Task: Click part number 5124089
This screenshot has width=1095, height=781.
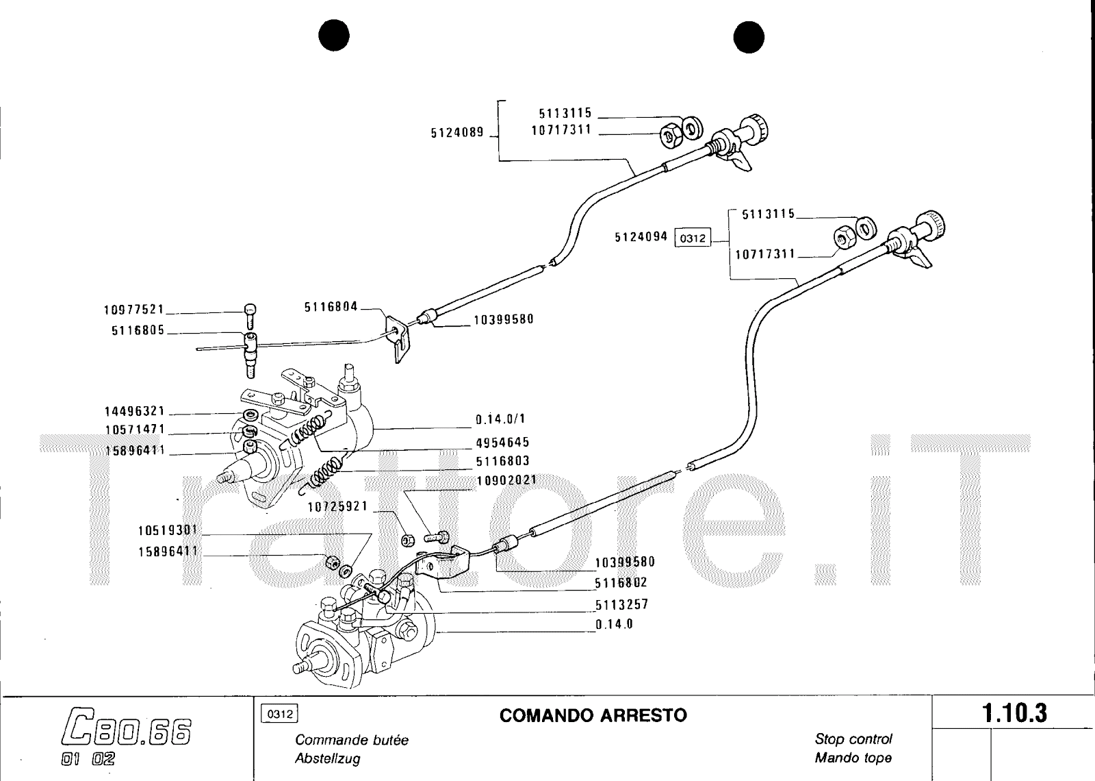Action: (x=456, y=133)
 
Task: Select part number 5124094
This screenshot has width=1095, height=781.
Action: (x=641, y=237)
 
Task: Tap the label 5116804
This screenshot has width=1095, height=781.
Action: (x=331, y=308)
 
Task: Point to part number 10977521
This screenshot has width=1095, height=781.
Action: (x=134, y=310)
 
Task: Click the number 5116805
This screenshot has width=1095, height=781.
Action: (x=138, y=331)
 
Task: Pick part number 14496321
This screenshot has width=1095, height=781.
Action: (x=134, y=412)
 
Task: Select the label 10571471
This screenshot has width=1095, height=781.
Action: (x=134, y=430)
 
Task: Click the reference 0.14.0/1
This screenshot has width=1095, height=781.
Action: (x=500, y=419)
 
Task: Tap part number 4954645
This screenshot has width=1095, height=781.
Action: (x=502, y=443)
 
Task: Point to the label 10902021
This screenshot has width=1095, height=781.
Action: (x=506, y=480)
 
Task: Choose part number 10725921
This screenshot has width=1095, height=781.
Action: (x=337, y=507)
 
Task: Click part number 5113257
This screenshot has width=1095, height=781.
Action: (x=621, y=605)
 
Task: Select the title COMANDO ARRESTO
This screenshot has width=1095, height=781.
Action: (x=593, y=716)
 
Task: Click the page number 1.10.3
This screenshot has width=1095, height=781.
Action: (x=1015, y=714)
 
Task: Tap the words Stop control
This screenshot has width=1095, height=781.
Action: (x=853, y=739)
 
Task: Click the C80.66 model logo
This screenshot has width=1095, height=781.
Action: (x=125, y=731)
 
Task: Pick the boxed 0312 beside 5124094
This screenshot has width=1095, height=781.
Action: (x=693, y=238)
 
